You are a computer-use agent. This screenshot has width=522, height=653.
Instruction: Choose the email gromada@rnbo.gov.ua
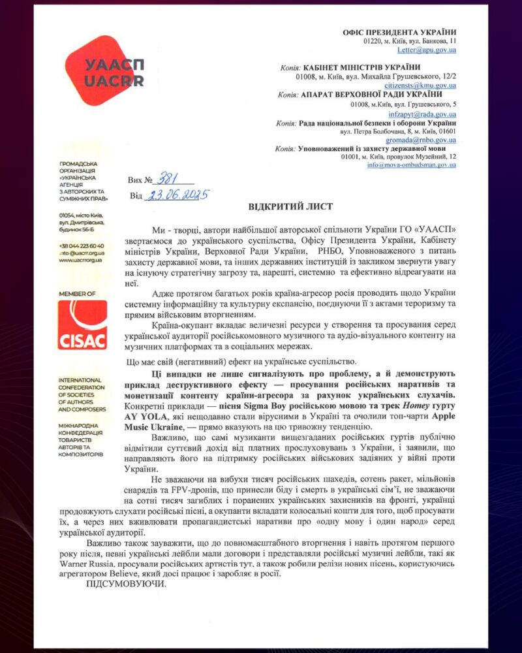(425, 140)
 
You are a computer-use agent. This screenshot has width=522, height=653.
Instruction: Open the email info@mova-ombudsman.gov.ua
(411, 165)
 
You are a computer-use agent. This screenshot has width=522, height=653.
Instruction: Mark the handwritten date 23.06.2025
(176, 195)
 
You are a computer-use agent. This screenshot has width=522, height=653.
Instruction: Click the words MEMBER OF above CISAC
(77, 295)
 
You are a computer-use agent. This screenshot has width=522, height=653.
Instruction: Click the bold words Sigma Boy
(252, 406)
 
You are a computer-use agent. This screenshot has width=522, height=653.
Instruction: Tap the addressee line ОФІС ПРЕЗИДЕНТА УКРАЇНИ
(399, 32)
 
